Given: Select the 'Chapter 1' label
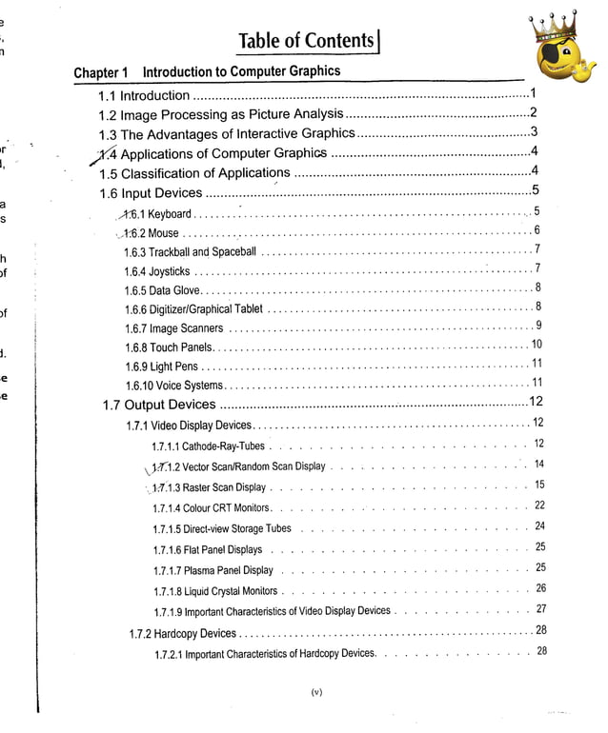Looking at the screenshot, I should (100, 73).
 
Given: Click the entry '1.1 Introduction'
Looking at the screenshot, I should (144, 95).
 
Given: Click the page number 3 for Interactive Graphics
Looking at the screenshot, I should (534, 132).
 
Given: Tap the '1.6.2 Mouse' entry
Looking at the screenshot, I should (151, 232).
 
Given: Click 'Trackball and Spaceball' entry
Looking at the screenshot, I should (191, 252).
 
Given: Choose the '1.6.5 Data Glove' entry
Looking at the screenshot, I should (161, 289).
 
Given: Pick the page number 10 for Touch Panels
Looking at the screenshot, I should (536, 345).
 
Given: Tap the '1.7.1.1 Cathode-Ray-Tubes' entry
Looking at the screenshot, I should (208, 446).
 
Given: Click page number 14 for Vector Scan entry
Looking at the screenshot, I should (538, 465).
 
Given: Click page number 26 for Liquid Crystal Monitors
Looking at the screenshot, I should (539, 589).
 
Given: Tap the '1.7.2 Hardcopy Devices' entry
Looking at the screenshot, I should (182, 633).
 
